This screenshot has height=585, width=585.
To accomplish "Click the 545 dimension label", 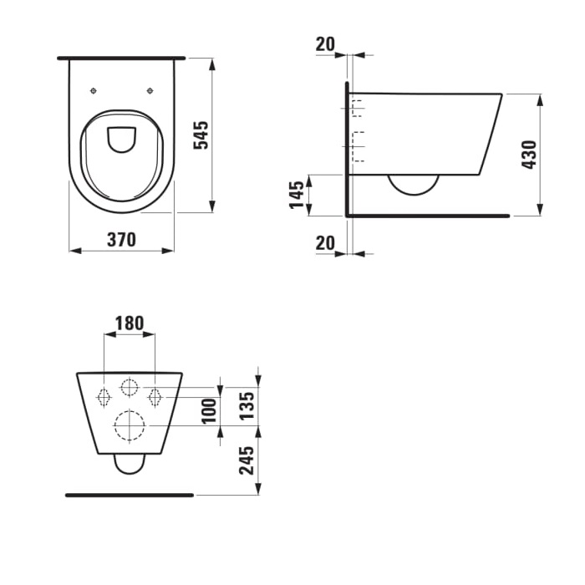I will point(201,135).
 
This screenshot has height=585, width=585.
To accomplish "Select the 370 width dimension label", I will point(122,240).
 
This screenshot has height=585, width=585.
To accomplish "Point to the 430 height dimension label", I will point(529,155).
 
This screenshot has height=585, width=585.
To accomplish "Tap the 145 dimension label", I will point(297,195).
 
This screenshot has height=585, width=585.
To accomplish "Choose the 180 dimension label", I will point(130,323).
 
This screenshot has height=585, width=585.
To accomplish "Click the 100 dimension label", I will point(209,409).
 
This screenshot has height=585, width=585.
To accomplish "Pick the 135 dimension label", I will point(247,405).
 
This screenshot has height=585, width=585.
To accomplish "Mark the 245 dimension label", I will point(247,460).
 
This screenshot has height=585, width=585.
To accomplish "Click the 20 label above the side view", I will point(325,44).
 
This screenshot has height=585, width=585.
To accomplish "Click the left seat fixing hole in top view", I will point(93,90).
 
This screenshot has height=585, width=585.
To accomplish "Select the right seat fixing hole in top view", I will point(150,90).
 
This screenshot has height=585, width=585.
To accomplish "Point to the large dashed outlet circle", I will point(130,426).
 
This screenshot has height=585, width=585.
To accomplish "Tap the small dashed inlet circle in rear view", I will point(130,387).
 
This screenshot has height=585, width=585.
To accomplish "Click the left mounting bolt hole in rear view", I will point(104,396).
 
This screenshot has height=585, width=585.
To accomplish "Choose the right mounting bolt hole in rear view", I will point(155,396).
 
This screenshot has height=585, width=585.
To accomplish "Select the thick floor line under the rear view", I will point(130,495).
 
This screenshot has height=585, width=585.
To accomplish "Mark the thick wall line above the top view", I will point(121,58).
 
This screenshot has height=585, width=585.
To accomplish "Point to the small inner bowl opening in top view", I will point(122,139).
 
